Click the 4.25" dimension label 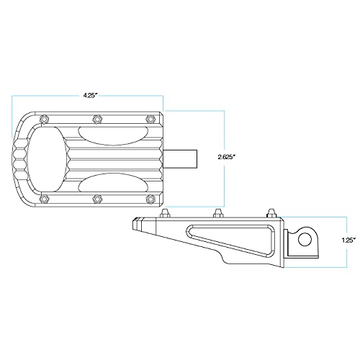[90, 96]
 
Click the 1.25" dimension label [348, 240]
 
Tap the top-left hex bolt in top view [44, 119]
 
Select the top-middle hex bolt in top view [96, 118]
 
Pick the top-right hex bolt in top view [150, 118]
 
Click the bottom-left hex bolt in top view [44, 199]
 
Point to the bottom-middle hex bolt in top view [96, 199]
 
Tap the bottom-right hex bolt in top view [150, 199]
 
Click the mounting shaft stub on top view [180, 159]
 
